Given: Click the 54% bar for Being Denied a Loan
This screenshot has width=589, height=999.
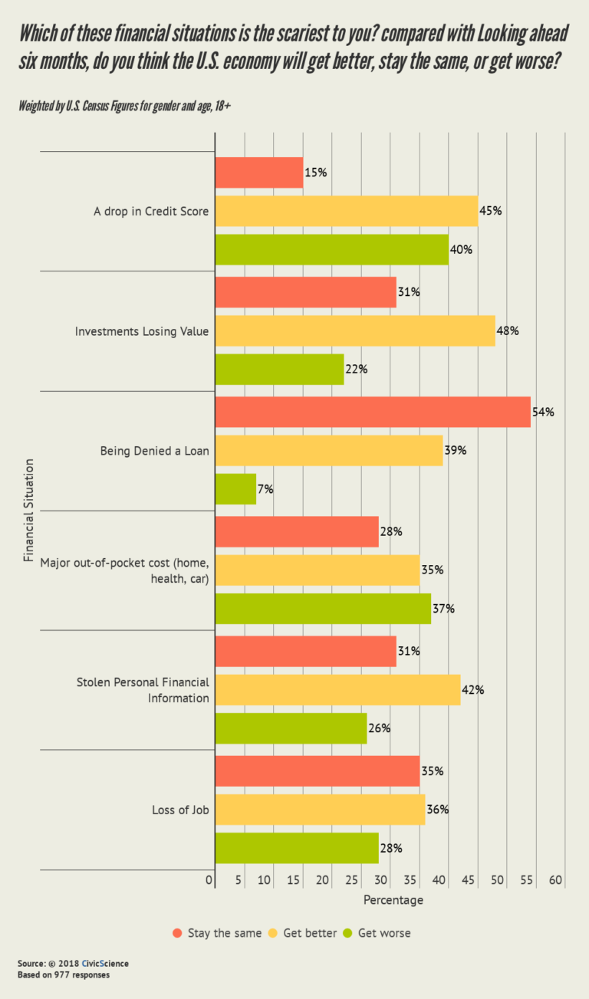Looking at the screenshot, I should (373, 412).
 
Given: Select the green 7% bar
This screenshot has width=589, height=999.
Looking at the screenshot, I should (235, 489).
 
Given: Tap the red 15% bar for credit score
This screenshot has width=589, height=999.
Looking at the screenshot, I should (259, 173).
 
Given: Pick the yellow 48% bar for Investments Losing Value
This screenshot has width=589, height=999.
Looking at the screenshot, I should (355, 331).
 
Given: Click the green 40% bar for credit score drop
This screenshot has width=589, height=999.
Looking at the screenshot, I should (331, 250).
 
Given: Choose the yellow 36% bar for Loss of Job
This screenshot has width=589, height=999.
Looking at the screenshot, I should (320, 810).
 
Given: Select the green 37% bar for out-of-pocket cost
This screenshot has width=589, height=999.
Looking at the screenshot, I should (323, 609).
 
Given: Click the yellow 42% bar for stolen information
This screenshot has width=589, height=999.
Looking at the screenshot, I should (337, 690).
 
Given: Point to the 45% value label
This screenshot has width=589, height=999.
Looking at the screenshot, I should (491, 211).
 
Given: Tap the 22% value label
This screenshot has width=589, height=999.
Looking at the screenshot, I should (357, 370).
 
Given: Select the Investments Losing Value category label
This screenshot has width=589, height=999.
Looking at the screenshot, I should (142, 331).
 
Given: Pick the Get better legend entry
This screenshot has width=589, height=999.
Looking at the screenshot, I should (302, 933).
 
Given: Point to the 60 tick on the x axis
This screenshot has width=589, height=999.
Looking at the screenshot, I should (556, 880).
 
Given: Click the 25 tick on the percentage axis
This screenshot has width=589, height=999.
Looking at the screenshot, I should (352, 880).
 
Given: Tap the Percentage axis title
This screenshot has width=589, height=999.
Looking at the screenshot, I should (393, 900).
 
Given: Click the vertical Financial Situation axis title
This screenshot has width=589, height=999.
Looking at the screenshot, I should (29, 511).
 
